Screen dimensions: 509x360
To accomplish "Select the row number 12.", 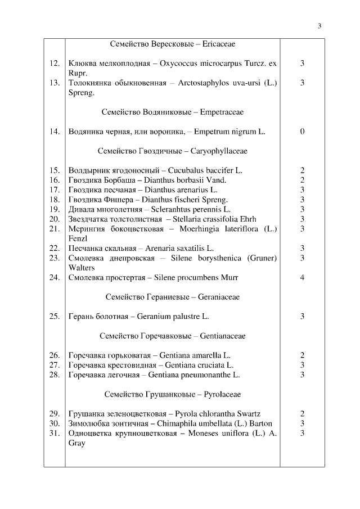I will tap(54, 64).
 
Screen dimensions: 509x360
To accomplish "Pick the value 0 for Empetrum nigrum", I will tap(302, 132).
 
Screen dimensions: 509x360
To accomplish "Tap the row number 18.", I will tap(54, 199).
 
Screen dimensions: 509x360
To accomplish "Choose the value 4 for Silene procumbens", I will tap(302, 277).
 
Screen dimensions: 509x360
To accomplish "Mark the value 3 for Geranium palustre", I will tap(302, 316).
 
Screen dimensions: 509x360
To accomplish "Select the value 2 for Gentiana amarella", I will tap(302, 355).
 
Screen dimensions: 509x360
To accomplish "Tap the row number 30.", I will tap(54, 423).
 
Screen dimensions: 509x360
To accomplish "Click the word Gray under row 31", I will tap(76, 443).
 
